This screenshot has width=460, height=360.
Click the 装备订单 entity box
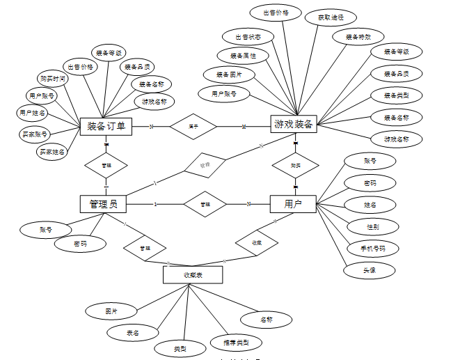[106, 126]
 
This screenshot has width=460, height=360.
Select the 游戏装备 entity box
[293, 125]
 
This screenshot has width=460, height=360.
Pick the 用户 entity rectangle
[292, 203]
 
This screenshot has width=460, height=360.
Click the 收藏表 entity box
[192, 275]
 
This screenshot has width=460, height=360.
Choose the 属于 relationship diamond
[193, 126]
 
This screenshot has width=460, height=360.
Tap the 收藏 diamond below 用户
[257, 243]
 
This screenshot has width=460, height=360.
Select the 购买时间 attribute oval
[53, 79]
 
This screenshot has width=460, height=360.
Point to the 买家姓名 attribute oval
[53, 150]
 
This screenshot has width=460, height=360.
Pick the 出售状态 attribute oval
[248, 37]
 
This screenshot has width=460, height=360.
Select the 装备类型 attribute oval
[396, 95]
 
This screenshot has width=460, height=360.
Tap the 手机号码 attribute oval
[373, 248]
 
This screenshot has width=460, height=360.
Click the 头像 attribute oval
[370, 270]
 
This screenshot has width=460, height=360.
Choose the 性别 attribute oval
[373, 226]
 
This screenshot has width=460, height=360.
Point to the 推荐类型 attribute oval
[236, 342]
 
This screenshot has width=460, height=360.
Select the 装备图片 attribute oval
[228, 74]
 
